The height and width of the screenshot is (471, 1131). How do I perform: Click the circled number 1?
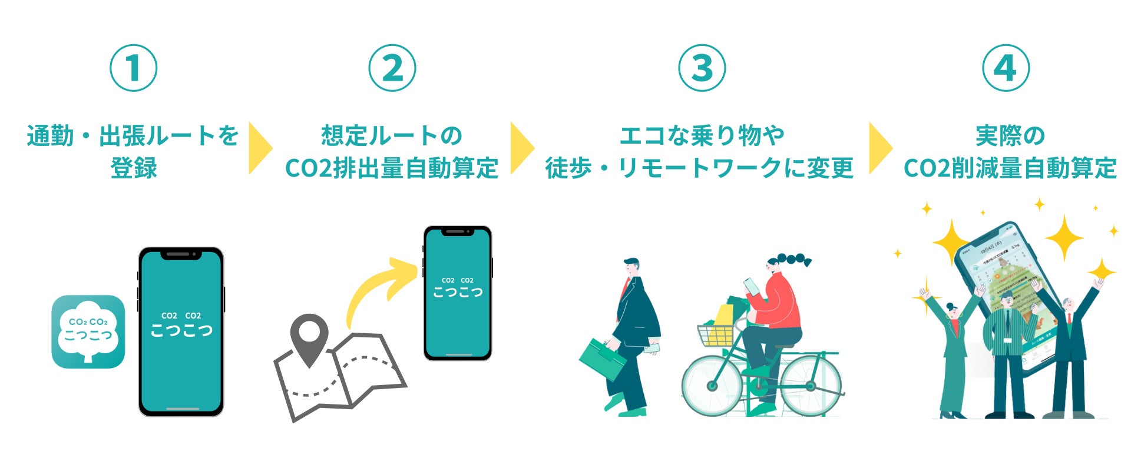tap(134, 68)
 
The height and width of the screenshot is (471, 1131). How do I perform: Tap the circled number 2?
tap(392, 68)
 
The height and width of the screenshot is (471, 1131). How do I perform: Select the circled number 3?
tap(702, 68)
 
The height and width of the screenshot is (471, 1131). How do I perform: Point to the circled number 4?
tap(1006, 68)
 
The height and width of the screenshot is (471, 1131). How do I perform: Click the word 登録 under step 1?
tap(134, 168)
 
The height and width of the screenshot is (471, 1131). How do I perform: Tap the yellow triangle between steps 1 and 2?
tap(259, 148)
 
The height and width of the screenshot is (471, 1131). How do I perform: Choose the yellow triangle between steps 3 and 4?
tap(879, 148)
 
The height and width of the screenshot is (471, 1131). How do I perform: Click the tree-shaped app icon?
tap(88, 331)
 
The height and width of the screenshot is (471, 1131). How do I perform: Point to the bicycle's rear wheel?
tap(811, 386)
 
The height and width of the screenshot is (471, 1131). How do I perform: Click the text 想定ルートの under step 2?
tap(392, 136)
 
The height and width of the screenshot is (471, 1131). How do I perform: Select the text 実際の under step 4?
tap(1010, 136)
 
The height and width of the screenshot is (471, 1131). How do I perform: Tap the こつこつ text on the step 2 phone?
tap(458, 291)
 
